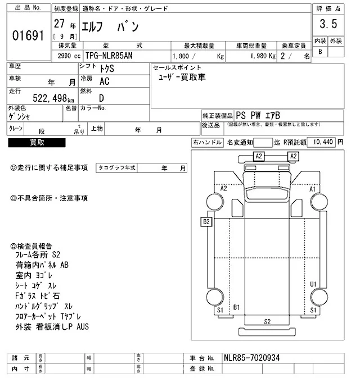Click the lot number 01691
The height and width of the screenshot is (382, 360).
click(x=28, y=35)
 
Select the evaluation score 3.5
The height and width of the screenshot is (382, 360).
click(x=328, y=24)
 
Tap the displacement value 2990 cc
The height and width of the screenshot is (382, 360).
click(x=66, y=56)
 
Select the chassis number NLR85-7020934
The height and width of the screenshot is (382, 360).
click(x=251, y=358)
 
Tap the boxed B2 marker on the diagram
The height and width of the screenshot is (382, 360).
click(x=206, y=222)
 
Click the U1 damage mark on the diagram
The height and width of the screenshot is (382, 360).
click(x=313, y=284)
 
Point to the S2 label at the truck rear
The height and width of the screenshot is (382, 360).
click(x=268, y=321)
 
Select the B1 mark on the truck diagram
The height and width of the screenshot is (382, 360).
click(x=237, y=307)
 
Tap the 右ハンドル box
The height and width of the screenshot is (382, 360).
click(x=207, y=143)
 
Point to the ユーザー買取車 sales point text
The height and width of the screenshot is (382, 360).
click(x=183, y=77)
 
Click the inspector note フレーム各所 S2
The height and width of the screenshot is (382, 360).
click(x=43, y=254)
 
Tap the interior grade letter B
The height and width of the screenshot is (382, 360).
click(x=321, y=52)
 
